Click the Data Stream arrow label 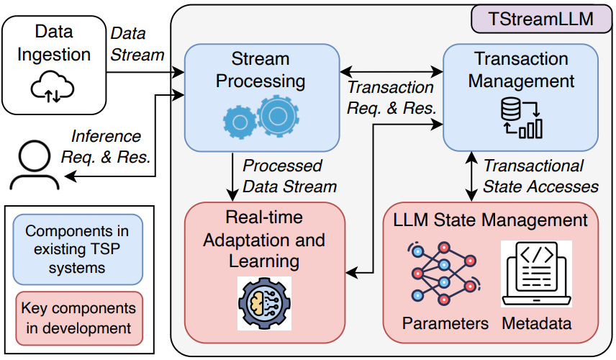pos(137,44)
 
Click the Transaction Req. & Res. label pos(390,98)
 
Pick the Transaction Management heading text pos(521,69)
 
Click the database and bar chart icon pos(521,118)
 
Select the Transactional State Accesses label pos(540,176)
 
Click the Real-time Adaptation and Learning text pos(263,239)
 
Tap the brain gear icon pos(264,302)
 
